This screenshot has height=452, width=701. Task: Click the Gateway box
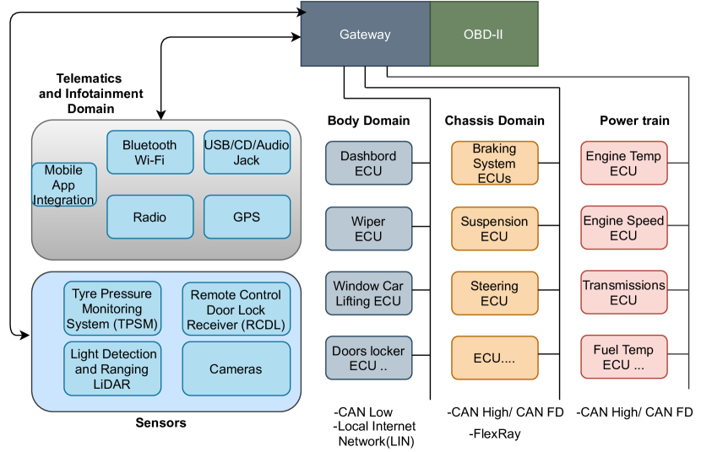click(x=365, y=35)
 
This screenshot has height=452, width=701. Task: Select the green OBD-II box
click(x=484, y=35)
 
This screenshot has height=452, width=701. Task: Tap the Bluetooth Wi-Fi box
click(x=149, y=153)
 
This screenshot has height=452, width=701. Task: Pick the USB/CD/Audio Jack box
click(x=247, y=153)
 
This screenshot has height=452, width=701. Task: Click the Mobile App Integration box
click(x=63, y=186)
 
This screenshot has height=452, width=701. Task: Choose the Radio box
click(x=149, y=217)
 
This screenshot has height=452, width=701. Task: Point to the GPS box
click(x=247, y=217)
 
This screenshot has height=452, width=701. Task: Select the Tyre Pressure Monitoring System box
click(x=112, y=309)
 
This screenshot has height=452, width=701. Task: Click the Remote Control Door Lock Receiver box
click(x=236, y=309)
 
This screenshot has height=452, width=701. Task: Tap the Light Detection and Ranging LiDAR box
click(x=112, y=369)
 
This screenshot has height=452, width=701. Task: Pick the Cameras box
click(x=236, y=369)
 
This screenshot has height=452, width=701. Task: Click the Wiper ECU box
click(x=368, y=229)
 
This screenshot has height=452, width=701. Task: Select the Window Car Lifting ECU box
click(x=368, y=293)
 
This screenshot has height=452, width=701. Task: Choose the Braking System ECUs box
click(x=494, y=164)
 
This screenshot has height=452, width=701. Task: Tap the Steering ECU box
click(x=494, y=293)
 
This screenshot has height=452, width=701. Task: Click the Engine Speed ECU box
click(x=623, y=228)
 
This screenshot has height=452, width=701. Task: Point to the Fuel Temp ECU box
click(x=623, y=358)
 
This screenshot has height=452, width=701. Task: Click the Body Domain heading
click(x=368, y=121)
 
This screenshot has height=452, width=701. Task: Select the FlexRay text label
click(x=495, y=434)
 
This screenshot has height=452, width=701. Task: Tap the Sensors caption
click(x=160, y=422)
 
